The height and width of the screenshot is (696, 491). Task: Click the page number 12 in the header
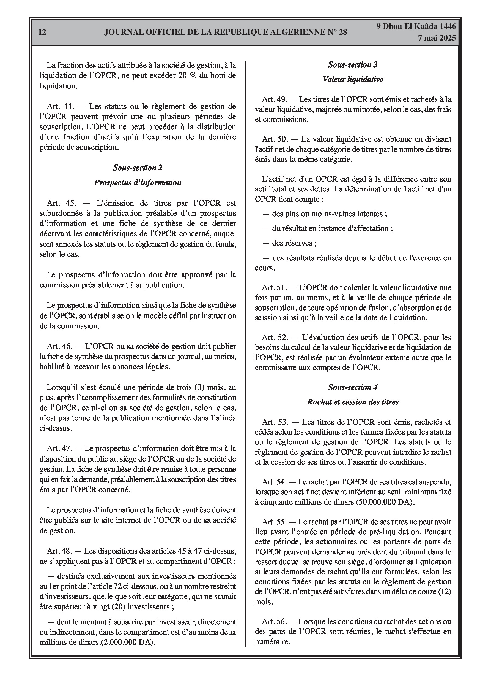point(42,32)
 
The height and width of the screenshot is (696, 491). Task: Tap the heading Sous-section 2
point(138,168)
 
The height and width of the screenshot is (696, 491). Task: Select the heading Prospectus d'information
point(138,182)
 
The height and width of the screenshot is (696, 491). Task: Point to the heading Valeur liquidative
point(353,79)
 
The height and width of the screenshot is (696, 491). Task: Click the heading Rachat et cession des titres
point(353,402)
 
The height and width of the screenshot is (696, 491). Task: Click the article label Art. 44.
point(61,106)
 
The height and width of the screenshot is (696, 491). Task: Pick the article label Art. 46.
point(60,346)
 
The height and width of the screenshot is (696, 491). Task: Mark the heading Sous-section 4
point(353,387)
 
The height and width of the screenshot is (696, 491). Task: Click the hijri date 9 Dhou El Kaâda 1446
point(416,26)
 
